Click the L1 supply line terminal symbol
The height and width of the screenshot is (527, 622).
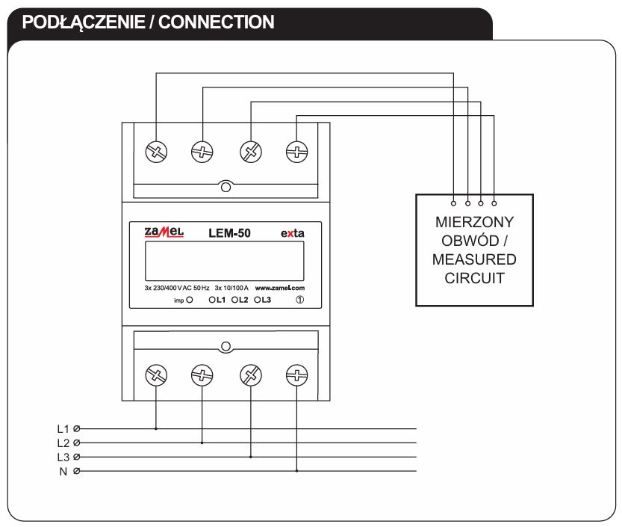[76, 429]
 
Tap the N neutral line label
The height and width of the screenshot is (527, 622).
[63, 471]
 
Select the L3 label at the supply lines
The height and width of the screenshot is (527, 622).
[63, 457]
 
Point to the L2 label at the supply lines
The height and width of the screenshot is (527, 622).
[63, 443]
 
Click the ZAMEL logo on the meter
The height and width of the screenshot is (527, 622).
[164, 233]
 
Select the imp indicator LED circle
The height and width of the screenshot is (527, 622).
[190, 300]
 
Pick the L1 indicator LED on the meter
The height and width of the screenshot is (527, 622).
[213, 300]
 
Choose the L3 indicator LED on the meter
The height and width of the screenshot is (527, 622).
[258, 300]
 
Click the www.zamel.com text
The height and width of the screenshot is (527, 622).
[280, 288]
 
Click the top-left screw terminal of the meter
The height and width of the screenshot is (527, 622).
[156, 151]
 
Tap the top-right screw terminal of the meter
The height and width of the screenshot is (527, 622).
[297, 151]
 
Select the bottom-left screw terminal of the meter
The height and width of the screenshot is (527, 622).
[156, 374]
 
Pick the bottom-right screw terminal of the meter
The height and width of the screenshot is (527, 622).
[297, 374]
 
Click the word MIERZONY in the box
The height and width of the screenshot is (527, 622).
[474, 222]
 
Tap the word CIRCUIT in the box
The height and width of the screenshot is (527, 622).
[474, 279]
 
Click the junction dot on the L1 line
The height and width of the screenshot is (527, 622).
[156, 429]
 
